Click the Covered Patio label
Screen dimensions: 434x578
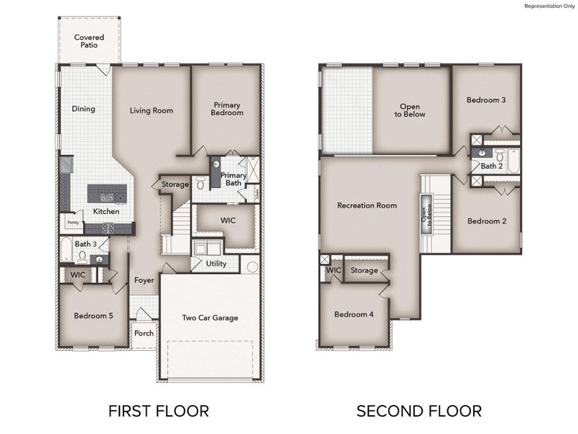89,41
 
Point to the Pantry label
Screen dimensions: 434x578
72,223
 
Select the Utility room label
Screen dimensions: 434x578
216,264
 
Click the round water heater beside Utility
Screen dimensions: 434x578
252,267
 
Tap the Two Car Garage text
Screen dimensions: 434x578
210,318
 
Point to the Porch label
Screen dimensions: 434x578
144,333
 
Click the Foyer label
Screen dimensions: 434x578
144,280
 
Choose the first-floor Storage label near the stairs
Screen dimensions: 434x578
175,184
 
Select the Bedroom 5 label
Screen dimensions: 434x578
93,315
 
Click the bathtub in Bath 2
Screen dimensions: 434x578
513,161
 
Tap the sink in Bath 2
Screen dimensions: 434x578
482,153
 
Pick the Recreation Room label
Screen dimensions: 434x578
367,205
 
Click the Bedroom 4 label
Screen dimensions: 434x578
353,314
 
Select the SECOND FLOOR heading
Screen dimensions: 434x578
418,412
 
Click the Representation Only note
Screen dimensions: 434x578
548,6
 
